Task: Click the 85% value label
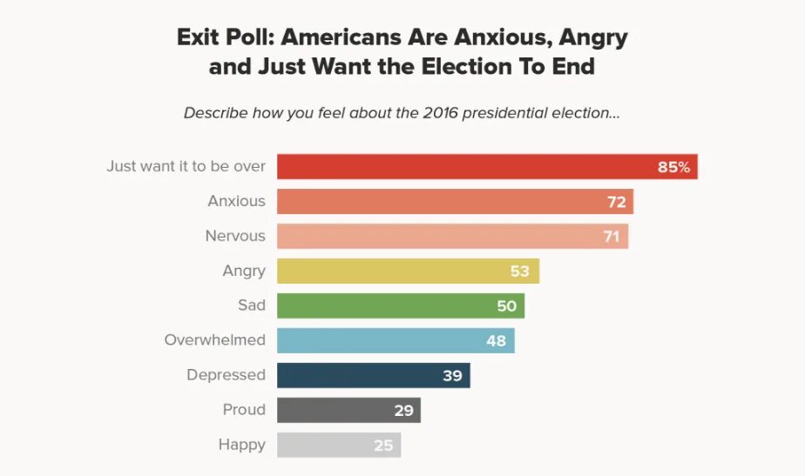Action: click(x=673, y=167)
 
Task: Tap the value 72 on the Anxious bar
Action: click(x=617, y=202)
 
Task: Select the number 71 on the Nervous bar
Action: click(x=612, y=237)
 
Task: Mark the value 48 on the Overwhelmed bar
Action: click(x=496, y=341)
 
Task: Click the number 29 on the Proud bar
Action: click(x=403, y=411)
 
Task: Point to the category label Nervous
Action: click(x=235, y=236)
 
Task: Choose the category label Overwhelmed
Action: click(x=214, y=340)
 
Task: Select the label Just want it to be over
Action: click(x=186, y=165)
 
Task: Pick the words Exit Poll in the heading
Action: click(x=224, y=38)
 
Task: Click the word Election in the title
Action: click(x=470, y=66)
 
